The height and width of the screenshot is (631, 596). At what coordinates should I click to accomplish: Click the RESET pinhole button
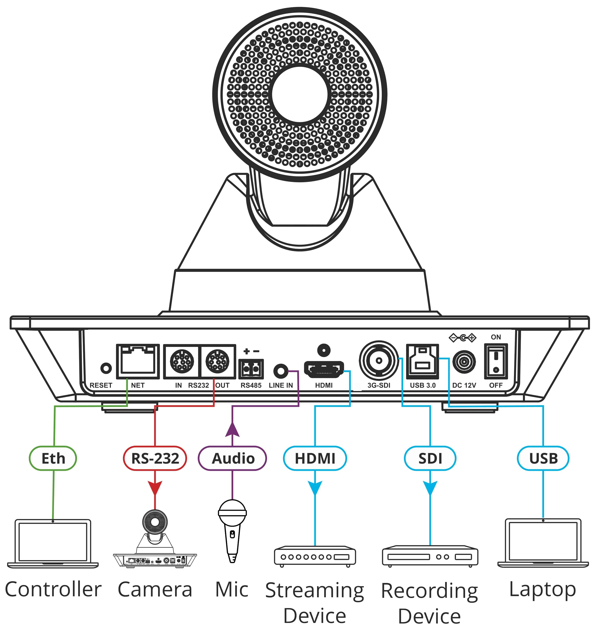pos(106,368)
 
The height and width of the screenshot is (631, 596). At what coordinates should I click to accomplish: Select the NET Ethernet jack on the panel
pos(138,361)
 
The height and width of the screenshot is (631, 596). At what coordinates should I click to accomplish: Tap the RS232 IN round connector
pos(182,361)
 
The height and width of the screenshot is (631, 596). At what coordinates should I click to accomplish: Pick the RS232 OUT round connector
pos(217,361)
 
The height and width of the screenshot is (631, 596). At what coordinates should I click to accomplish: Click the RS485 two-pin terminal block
pos(251,369)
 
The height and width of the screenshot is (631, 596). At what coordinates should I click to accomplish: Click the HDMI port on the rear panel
pos(324,369)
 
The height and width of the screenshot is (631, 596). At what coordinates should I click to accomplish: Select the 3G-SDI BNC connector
pos(378,360)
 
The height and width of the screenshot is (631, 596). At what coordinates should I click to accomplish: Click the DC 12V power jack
pos(464,362)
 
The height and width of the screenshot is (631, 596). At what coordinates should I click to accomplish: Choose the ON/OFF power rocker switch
pos(496,361)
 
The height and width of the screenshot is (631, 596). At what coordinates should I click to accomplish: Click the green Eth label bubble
pos(53,458)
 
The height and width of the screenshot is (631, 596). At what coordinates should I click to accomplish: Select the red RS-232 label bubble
pos(155,458)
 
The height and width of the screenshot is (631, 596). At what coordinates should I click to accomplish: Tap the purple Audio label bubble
pos(233,458)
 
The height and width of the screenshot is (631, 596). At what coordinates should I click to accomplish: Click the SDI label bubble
pos(430,458)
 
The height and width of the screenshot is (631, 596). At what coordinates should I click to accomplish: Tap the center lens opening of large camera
pos(300,94)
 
